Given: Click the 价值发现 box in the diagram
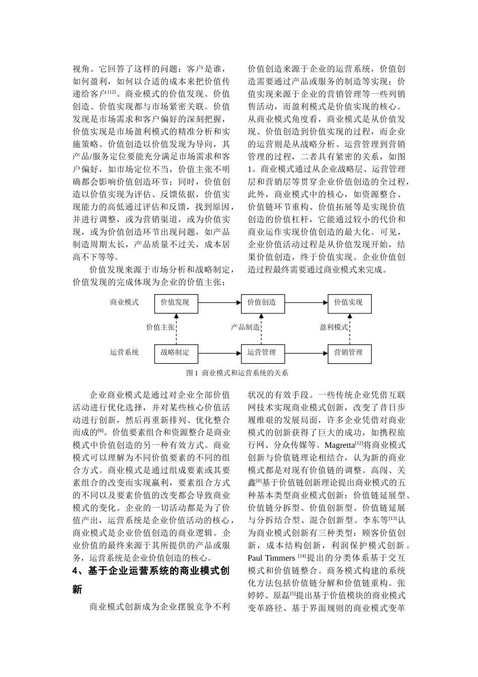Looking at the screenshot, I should (176, 303).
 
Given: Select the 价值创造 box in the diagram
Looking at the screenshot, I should (263, 303).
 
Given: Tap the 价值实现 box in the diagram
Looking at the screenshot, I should (349, 303).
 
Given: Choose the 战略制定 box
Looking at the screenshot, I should (176, 353).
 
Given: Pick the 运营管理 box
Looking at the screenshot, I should (263, 353).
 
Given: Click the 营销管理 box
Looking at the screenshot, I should (349, 353).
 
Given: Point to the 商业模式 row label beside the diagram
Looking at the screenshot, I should (124, 302).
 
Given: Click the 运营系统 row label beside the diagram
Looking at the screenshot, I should (124, 353).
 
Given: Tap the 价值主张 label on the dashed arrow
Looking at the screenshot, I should (160, 327).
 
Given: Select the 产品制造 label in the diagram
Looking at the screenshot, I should (245, 327).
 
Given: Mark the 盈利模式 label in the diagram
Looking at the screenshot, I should (334, 327).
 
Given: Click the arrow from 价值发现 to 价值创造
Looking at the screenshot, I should (219, 303).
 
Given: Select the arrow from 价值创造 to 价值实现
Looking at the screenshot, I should (306, 303).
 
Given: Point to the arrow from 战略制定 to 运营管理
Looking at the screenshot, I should (219, 353).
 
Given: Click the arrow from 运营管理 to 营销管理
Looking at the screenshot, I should (306, 353).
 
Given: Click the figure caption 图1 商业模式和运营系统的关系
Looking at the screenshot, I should (237, 373).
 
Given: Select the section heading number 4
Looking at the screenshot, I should (75, 571).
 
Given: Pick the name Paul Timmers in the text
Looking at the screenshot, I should (271, 558).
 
